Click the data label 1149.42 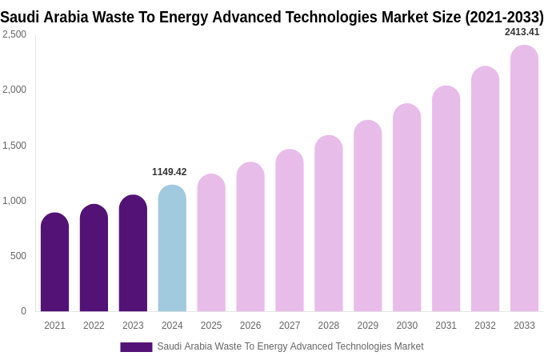pos(169,172)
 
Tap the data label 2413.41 pos(522,32)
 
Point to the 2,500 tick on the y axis pos(14,34)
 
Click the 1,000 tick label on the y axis pos(14,201)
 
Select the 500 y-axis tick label pos(18,256)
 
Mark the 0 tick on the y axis pos(23,311)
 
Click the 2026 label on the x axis pos(250,326)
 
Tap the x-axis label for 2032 pos(485,326)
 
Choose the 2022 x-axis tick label pos(94,326)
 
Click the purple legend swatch pos(136,346)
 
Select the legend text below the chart pos(290,346)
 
